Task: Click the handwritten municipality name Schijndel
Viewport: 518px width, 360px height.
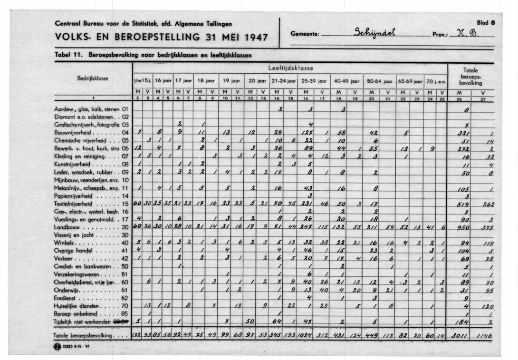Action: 378,34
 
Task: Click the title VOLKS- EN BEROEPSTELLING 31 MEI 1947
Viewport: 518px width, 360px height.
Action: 161,37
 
